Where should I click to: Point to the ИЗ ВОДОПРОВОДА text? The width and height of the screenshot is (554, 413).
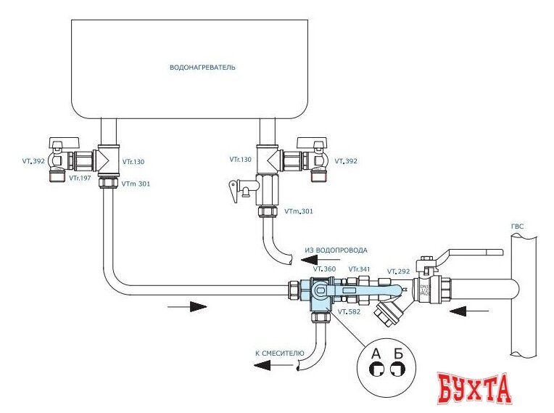pyautogui.click(x=336, y=250)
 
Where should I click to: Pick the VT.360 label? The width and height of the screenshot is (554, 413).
pyautogui.click(x=324, y=269)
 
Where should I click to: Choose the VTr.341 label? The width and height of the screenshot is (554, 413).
pyautogui.click(x=359, y=269)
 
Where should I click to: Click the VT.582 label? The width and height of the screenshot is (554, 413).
pyautogui.click(x=350, y=312)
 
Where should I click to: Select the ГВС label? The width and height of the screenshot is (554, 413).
pyautogui.click(x=517, y=227)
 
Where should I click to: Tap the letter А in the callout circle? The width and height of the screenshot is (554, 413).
pyautogui.click(x=376, y=354)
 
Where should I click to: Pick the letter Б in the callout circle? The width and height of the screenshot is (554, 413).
pyautogui.click(x=396, y=354)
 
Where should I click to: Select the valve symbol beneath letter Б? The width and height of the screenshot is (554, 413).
pyautogui.click(x=396, y=369)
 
